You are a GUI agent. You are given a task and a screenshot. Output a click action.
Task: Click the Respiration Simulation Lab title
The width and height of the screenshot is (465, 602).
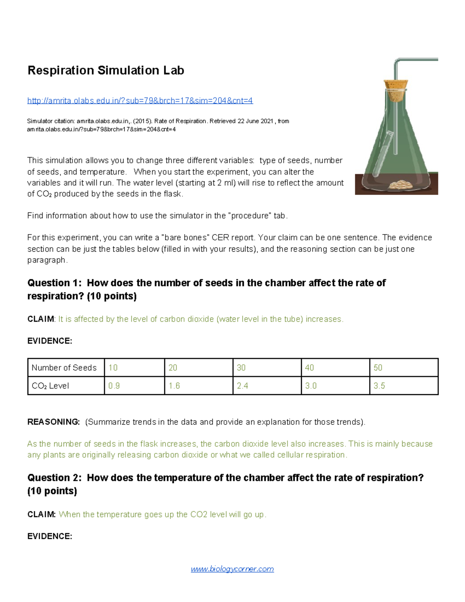coord(105,71)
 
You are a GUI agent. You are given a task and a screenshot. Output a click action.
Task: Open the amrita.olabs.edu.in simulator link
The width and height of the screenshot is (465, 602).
coord(140,101)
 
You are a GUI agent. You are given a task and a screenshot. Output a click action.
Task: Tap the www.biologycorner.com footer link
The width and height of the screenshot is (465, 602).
coord(232,569)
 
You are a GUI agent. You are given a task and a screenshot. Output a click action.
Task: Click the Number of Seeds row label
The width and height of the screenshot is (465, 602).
coord(64,367)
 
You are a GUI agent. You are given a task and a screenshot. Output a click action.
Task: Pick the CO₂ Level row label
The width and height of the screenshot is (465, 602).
coord(50,386)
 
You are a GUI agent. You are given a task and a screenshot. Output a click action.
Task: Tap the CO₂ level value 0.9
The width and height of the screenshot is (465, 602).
coord(114,386)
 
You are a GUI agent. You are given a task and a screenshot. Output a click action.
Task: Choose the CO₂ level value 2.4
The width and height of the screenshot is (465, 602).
coord(243,386)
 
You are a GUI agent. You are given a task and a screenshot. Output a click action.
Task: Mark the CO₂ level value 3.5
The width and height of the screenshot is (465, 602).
coord(379,386)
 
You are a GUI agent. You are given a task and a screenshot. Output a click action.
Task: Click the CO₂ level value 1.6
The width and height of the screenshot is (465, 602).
coord(174,386)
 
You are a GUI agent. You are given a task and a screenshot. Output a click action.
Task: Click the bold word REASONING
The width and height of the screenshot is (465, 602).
coord(53,422)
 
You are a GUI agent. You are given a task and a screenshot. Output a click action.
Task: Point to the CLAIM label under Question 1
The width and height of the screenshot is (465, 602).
coord(41,319)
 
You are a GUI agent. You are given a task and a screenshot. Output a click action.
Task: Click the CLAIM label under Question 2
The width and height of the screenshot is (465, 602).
coord(41,514)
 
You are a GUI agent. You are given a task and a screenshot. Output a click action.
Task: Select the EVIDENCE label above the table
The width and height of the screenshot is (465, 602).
coord(50,341)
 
